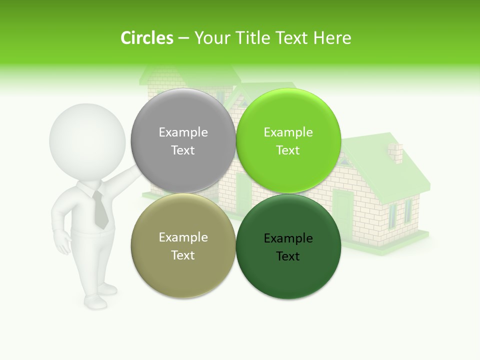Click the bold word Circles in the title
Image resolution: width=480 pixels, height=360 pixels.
(146, 38)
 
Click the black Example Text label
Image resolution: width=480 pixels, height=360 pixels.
(288, 247)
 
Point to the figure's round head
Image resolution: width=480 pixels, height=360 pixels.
(87, 140)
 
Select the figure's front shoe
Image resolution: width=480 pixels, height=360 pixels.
(95, 301)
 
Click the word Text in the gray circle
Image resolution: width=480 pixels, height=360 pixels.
(183, 150)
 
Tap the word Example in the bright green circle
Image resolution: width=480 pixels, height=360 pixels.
(288, 132)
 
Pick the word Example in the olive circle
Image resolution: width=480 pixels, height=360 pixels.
(183, 237)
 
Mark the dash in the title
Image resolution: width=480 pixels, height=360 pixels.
(183, 38)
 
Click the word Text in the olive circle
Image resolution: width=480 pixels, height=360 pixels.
(183, 255)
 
